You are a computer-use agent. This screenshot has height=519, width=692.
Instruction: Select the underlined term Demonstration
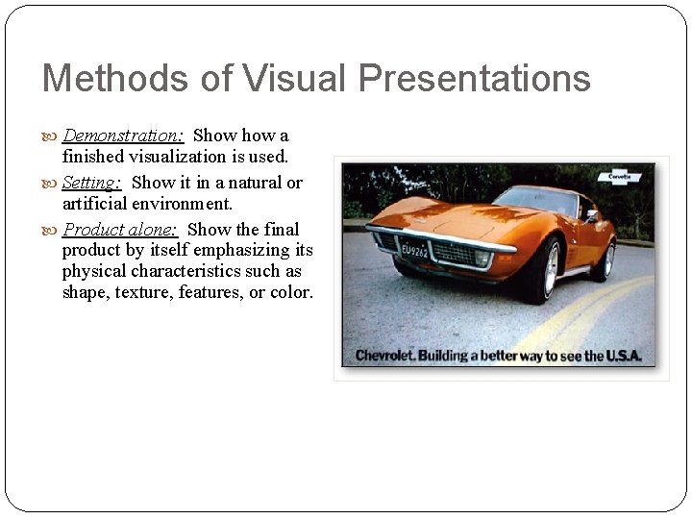click(x=123, y=136)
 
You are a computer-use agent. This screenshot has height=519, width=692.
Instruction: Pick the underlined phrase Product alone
click(x=120, y=230)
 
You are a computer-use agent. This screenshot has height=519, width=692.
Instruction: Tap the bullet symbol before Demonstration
click(x=51, y=136)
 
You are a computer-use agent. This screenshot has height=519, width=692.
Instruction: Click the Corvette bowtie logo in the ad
click(x=620, y=177)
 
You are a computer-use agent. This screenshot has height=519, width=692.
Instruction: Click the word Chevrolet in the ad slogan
click(x=383, y=356)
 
